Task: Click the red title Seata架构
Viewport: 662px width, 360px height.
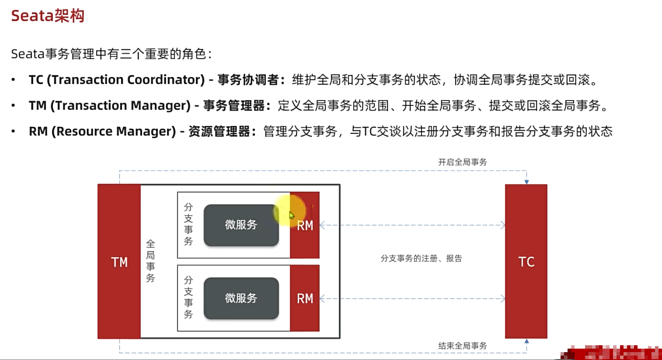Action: pos(48,16)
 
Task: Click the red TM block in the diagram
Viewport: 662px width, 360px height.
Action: pos(119,262)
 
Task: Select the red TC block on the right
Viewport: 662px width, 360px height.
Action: pos(526,262)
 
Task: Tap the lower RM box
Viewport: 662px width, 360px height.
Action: pos(305,298)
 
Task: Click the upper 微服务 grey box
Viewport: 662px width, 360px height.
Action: pos(241,225)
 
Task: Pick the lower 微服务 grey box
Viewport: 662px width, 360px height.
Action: pos(241,298)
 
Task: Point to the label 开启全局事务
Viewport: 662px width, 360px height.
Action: pos(463,162)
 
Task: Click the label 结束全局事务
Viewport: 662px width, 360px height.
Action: pos(463,346)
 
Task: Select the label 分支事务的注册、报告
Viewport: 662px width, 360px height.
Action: pos(421,259)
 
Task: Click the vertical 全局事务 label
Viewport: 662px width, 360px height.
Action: pos(150,261)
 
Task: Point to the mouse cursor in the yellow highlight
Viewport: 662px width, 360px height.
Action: pos(292,215)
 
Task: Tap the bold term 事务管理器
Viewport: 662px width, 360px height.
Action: pos(234,106)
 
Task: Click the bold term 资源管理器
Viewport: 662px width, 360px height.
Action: pos(219,132)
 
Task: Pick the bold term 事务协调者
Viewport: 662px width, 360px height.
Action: pos(248,80)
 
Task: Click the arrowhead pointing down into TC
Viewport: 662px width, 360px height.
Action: pos(526,182)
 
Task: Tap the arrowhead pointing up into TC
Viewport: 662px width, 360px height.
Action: pos(526,341)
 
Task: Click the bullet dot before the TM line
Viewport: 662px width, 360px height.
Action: pos(14,106)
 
